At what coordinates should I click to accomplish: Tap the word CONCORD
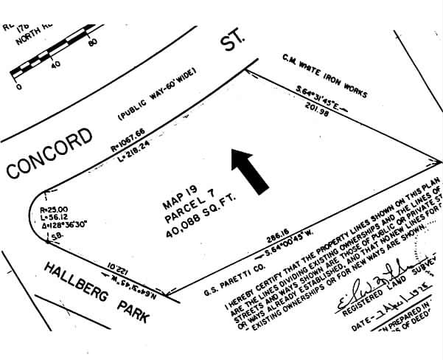click(50, 152)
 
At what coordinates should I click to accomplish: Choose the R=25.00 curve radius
click(54, 209)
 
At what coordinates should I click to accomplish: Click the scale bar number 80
click(93, 42)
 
